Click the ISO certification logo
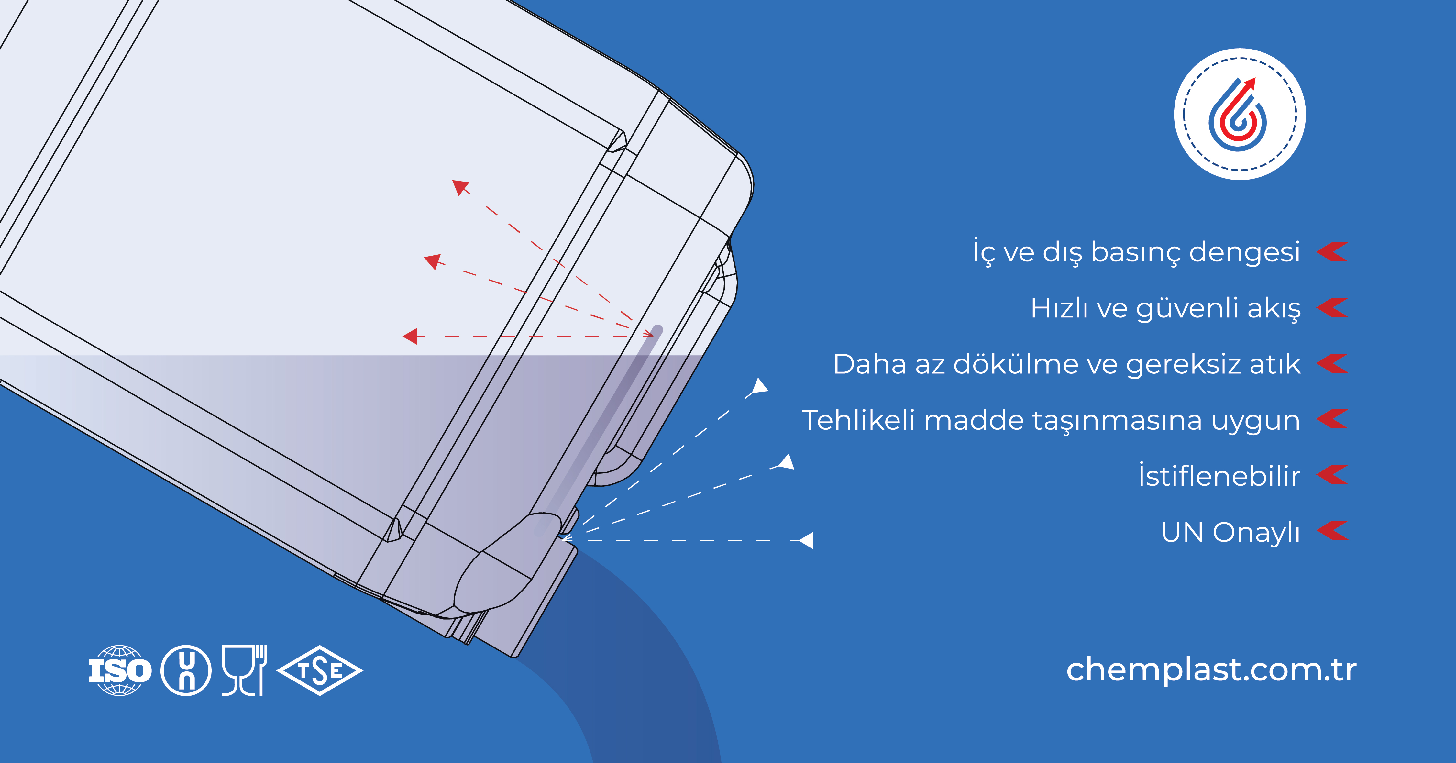pos(120,670)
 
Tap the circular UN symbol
pos(186,670)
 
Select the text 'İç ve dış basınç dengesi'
pos(1136,252)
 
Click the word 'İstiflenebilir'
pos(1219,476)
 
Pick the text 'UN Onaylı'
pos(1230,532)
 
